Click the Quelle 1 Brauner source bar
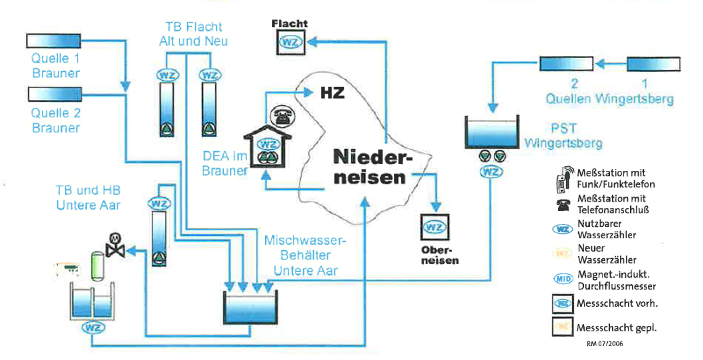tap(53, 41)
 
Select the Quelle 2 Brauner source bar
tap(55, 94)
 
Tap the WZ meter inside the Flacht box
tap(291, 42)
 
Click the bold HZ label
tap(332, 93)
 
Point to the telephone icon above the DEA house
tap(283, 116)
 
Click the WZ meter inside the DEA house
tap(269, 144)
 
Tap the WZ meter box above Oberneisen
tap(434, 227)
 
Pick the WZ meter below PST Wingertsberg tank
tap(491, 172)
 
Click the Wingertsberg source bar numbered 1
tap(653, 64)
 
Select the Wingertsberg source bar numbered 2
tap(566, 64)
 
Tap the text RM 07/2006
tap(604, 344)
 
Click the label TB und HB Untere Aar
tap(88, 198)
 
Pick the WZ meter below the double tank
tap(93, 327)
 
